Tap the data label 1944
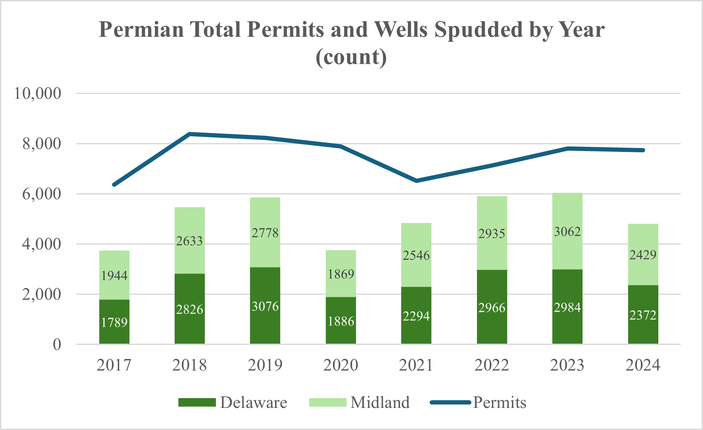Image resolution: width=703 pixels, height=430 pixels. coord(115,276)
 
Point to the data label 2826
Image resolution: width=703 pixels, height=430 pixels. coord(190,309)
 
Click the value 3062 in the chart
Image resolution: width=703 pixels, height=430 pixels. coord(567,232)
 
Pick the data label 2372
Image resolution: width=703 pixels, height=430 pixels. coord(643,315)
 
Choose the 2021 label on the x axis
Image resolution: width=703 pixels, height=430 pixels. coord(416,365)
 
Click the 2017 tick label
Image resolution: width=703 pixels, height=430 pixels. coord(114,365)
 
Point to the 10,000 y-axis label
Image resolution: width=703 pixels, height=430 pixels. coord(38,93)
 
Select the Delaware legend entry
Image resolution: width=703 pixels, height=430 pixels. coord(253,402)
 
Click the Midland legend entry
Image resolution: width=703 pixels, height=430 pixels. coord(380,402)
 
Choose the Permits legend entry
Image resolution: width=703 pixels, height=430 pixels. coord(499,402)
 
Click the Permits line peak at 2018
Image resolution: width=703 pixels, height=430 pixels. coord(190,134)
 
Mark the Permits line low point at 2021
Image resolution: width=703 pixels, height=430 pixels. coord(416,181)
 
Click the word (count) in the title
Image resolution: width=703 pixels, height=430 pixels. coord(351,57)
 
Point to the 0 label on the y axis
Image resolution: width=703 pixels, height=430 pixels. coord(57,345)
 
